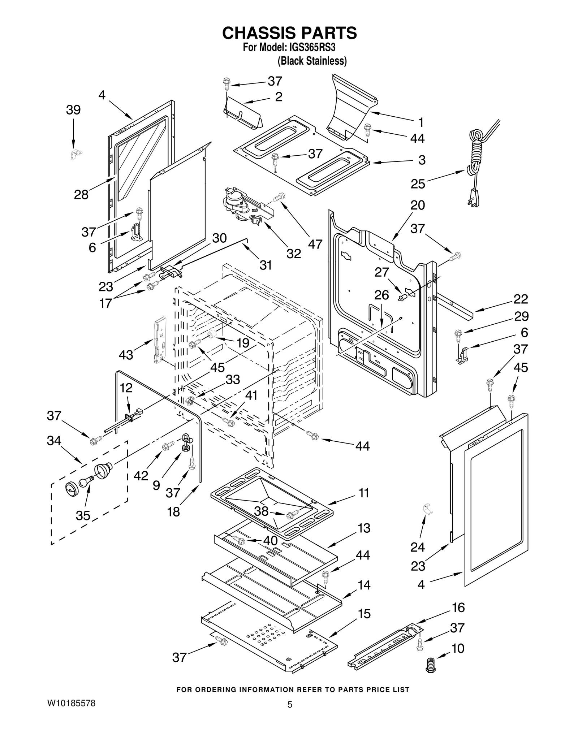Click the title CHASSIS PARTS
[289, 33]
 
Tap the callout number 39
[73, 110]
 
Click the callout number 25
[418, 184]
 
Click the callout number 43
[126, 355]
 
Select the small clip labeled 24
[427, 509]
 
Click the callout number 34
[54, 441]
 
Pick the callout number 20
[418, 205]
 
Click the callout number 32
[294, 254]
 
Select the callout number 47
[315, 244]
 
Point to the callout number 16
[458, 608]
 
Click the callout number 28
[81, 195]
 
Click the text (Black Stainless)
[312, 61]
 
